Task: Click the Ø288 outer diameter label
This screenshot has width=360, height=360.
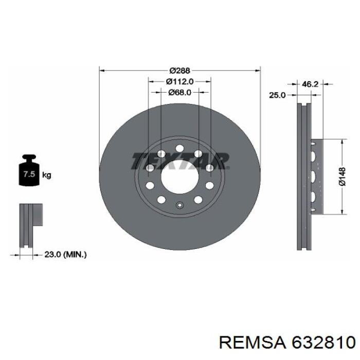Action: click(x=179, y=69)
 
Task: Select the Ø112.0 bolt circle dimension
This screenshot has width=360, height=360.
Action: click(x=179, y=81)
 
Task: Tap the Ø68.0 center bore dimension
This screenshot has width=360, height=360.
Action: click(x=179, y=93)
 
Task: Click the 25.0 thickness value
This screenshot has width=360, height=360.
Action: click(x=277, y=95)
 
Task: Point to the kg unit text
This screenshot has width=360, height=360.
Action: click(x=46, y=175)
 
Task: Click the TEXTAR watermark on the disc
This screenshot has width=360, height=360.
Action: click(x=179, y=161)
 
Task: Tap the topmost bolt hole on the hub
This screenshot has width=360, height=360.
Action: click(x=179, y=149)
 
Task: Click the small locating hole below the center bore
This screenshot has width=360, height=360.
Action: click(x=179, y=206)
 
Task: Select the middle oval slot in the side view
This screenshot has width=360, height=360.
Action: click(x=313, y=176)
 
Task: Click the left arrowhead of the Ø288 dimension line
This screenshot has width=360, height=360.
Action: click(x=101, y=69)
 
